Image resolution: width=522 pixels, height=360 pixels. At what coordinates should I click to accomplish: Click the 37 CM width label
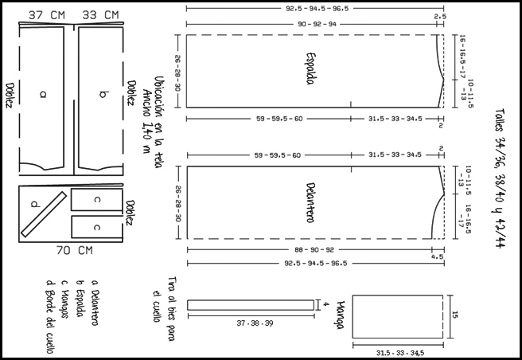click(47, 15)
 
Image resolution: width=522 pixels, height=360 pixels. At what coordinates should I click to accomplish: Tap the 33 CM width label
click(100, 15)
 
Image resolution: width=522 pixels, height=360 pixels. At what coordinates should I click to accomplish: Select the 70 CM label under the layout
click(75, 250)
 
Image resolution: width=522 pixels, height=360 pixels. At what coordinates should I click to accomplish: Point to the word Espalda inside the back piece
click(310, 68)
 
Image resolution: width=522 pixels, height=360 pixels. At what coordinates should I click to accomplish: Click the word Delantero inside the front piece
click(310, 202)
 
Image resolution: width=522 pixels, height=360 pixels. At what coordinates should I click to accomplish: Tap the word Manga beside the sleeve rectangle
click(341, 315)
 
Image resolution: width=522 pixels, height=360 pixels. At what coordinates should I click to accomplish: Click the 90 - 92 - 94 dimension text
click(317, 25)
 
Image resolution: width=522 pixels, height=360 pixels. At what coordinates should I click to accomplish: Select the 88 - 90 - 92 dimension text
click(314, 249)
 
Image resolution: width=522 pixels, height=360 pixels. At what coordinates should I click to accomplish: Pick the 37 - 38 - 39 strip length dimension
click(255, 323)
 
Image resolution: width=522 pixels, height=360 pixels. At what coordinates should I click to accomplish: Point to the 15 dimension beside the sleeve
click(455, 315)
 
